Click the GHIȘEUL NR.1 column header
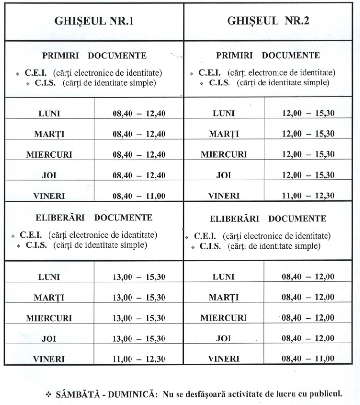[x=95, y=22]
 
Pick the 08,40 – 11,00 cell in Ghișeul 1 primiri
[x=139, y=196]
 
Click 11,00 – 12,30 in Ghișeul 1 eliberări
[x=139, y=358]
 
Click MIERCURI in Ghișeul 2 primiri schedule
[x=224, y=155]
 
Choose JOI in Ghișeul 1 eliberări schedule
[x=49, y=339]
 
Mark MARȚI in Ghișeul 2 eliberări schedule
[x=224, y=297]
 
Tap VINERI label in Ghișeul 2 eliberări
[x=224, y=359]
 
